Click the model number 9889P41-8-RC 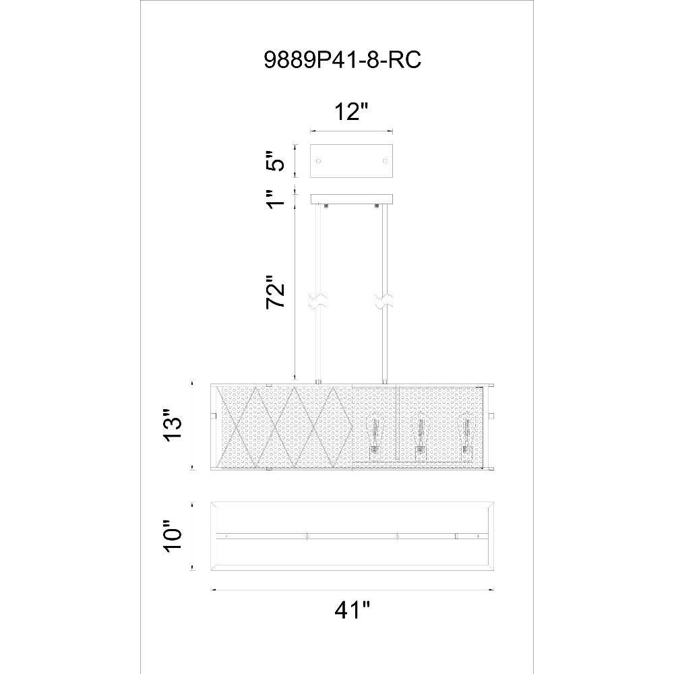click(x=342, y=61)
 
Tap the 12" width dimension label click(x=352, y=112)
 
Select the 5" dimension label click(x=276, y=161)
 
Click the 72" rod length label click(x=276, y=292)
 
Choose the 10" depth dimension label click(x=173, y=537)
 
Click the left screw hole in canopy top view click(x=318, y=161)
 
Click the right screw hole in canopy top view click(x=385, y=161)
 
